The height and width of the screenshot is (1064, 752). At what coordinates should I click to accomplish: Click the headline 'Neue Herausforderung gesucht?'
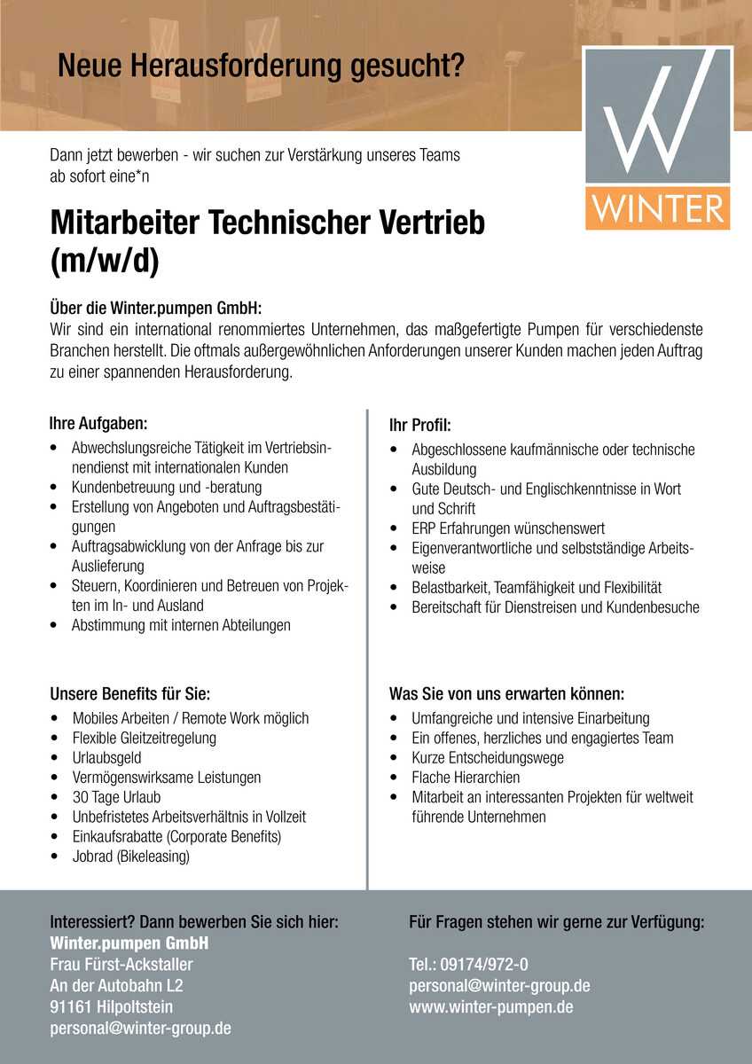(x=261, y=66)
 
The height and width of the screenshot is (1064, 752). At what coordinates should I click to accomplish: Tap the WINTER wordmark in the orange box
(x=657, y=208)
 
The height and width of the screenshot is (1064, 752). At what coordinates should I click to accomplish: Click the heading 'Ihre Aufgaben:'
(x=98, y=423)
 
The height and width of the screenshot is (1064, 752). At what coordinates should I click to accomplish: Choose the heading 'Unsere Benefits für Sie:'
(x=129, y=692)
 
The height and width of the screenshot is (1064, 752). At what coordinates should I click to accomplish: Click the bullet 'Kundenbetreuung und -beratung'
(x=167, y=487)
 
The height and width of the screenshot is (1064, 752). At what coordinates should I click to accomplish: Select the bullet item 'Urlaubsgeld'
(x=106, y=757)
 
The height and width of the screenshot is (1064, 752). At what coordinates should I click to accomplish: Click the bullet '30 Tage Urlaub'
(x=116, y=797)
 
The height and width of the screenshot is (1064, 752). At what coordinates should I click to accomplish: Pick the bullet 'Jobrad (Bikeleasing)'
(x=130, y=856)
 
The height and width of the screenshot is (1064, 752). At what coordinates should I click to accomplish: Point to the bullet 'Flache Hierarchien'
(x=466, y=778)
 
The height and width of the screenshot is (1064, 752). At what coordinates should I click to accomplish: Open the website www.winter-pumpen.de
(x=490, y=1006)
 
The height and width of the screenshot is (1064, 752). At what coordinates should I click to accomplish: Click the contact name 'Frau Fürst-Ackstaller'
(x=121, y=964)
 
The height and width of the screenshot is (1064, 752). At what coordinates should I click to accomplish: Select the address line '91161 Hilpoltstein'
(x=111, y=1006)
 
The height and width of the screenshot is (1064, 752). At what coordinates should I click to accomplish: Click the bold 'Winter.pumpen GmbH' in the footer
(x=129, y=942)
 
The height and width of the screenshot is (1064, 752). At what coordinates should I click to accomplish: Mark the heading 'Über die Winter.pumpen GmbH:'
(x=156, y=310)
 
